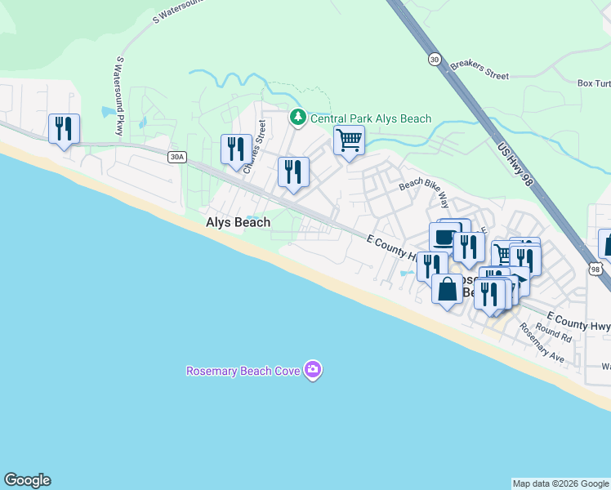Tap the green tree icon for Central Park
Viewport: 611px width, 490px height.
pyautogui.click(x=298, y=118)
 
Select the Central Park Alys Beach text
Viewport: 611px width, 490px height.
pyautogui.click(x=370, y=119)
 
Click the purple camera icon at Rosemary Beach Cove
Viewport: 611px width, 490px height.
pyautogui.click(x=312, y=371)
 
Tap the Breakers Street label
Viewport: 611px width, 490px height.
pyautogui.click(x=479, y=69)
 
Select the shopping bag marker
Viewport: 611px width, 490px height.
pyautogui.click(x=448, y=291)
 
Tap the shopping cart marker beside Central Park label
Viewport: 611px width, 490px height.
pyautogui.click(x=349, y=140)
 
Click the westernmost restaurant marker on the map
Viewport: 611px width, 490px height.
pyautogui.click(x=64, y=129)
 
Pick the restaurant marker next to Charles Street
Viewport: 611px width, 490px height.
pyautogui.click(x=236, y=149)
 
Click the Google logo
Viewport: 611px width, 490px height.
pyautogui.click(x=27, y=480)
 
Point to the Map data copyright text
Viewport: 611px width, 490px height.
pyautogui.click(x=560, y=483)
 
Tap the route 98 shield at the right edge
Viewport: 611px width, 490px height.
pyautogui.click(x=594, y=268)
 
